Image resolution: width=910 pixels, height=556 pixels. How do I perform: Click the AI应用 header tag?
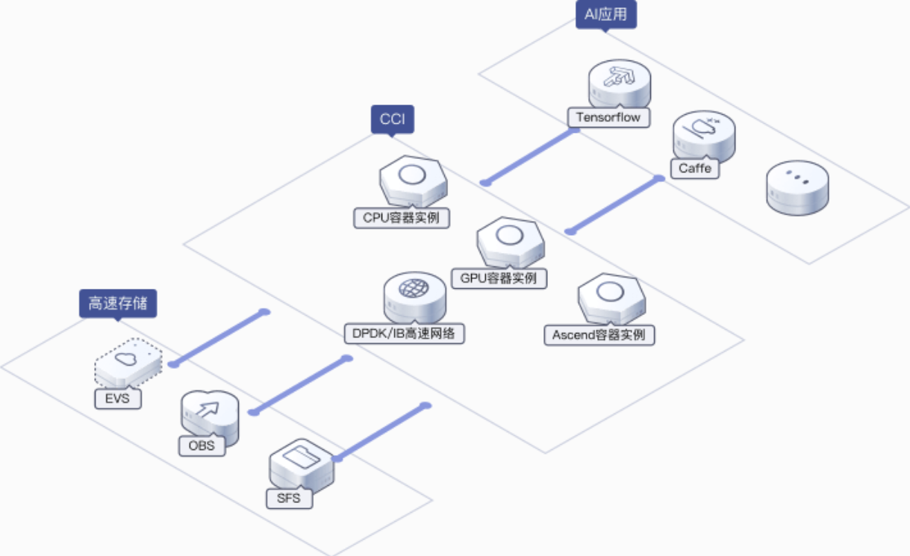coord(606,15)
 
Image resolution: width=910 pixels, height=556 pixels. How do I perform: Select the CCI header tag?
coord(393,119)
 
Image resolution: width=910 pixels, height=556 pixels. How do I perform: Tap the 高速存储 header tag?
coord(118,304)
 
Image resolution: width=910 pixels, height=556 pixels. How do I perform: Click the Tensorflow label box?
coord(608,117)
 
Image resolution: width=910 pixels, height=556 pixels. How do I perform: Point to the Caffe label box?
coord(695,168)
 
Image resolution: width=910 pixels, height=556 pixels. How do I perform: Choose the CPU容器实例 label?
coord(402,218)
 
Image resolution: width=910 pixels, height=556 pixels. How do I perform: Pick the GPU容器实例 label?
coord(499,278)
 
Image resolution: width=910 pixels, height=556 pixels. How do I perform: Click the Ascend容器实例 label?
coord(599,335)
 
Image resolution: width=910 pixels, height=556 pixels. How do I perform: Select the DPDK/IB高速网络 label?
coord(404,334)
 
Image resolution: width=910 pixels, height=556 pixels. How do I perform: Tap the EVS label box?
coord(118,399)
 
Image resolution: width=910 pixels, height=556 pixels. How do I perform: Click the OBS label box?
coord(202,446)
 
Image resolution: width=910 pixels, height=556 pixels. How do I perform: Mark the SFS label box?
coord(289,498)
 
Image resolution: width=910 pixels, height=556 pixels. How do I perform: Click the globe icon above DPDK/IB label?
coord(414,288)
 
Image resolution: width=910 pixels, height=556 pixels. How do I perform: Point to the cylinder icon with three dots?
coord(797,187)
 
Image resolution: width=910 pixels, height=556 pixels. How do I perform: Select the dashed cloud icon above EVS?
coord(128,363)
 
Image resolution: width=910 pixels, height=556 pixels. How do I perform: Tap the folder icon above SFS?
coord(302,457)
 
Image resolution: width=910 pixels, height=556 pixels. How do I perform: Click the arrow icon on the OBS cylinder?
coord(208,409)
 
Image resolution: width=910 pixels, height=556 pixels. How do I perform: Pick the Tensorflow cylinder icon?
coord(620,84)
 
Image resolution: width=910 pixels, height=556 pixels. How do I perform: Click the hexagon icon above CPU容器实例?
coord(413,181)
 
